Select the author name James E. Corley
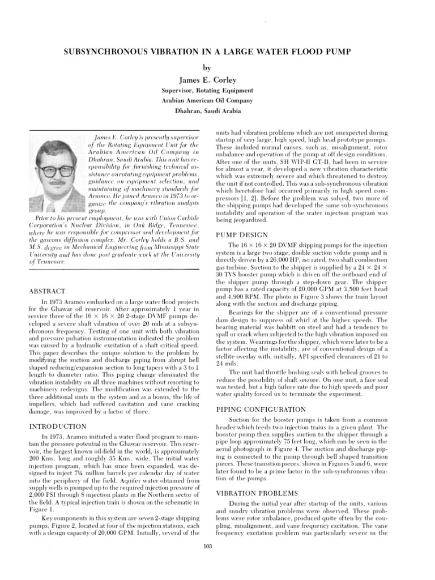point(217,79)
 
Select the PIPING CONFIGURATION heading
point(261,408)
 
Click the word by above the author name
point(217,67)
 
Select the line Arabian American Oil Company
point(217,101)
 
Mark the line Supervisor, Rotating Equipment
point(217,90)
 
